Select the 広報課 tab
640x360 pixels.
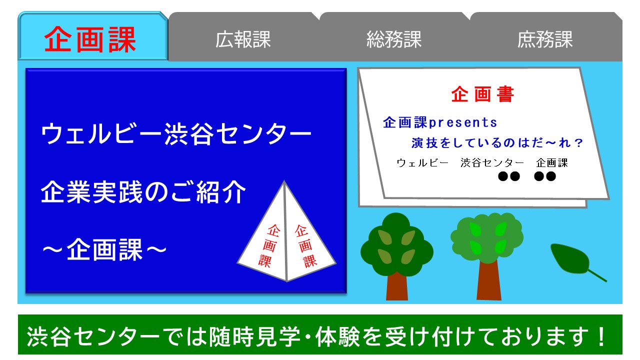(x=243, y=39)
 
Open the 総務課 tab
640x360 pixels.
(x=394, y=39)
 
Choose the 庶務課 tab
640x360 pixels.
(x=545, y=39)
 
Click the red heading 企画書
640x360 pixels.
(x=482, y=94)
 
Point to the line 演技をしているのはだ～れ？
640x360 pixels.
(x=497, y=143)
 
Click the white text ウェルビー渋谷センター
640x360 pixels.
(x=176, y=134)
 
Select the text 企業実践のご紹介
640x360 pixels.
(x=143, y=192)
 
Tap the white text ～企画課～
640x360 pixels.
(x=103, y=248)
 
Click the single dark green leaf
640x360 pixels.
(x=570, y=259)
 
